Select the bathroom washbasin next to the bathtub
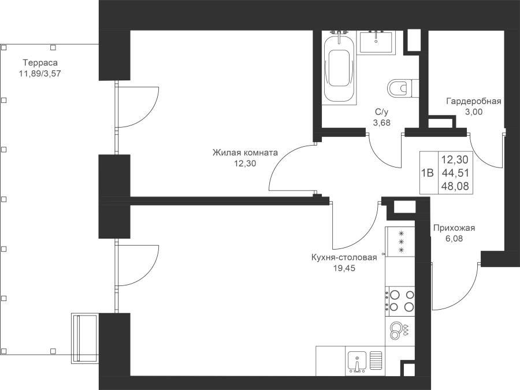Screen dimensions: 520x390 [376, 42]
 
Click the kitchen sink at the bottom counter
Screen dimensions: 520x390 [357, 362]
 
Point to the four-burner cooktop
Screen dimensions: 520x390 [400, 301]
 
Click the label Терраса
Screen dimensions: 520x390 [40, 62]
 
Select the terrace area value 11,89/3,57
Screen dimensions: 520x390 [40, 73]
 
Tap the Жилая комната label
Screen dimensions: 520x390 [245, 153]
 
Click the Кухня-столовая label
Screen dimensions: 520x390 [344, 257]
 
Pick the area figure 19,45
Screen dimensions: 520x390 [344, 268]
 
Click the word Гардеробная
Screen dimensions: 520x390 [474, 101]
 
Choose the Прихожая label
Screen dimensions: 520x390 [454, 228]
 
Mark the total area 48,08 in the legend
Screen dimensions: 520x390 [455, 187]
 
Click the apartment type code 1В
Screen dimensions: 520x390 [428, 173]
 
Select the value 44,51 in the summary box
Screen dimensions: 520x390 [455, 173]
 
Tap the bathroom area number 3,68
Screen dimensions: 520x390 [382, 122]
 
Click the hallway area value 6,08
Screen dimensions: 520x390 [454, 239]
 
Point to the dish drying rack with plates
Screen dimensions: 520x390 [400, 330]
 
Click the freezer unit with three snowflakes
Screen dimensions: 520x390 [400, 242]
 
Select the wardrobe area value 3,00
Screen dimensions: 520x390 [474, 112]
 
